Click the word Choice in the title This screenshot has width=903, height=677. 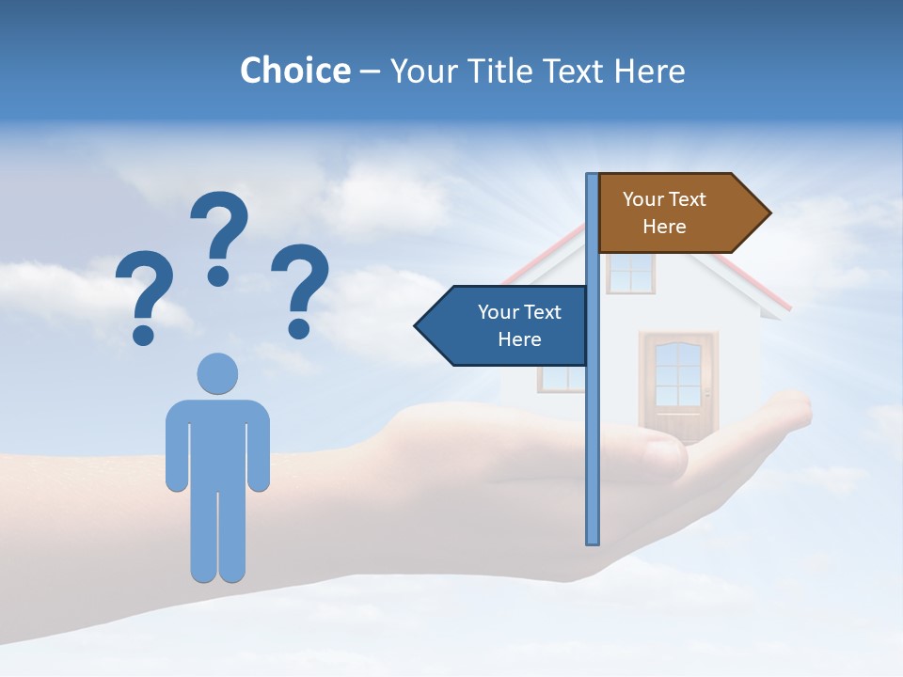pyautogui.click(x=294, y=71)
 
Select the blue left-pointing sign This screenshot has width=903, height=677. pyautogui.click(x=508, y=325)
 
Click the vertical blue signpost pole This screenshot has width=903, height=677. pyautogui.click(x=592, y=423)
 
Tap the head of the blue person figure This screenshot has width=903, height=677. pyautogui.click(x=217, y=373)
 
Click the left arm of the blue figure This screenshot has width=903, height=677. pyautogui.click(x=176, y=447)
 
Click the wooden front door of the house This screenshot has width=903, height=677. pyautogui.click(x=677, y=386)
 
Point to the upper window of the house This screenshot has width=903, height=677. pyautogui.click(x=630, y=273)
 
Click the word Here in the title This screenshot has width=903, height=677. pyautogui.click(x=649, y=71)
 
